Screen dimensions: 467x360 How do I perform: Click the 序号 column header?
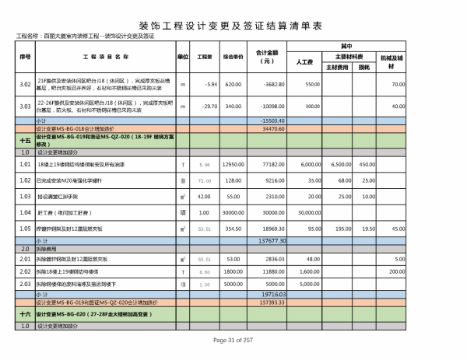pos(24,57)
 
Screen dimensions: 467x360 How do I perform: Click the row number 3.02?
pos(24,84)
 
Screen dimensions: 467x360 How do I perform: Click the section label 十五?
pos(24,140)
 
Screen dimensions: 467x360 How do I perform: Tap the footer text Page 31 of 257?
pos(233,341)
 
